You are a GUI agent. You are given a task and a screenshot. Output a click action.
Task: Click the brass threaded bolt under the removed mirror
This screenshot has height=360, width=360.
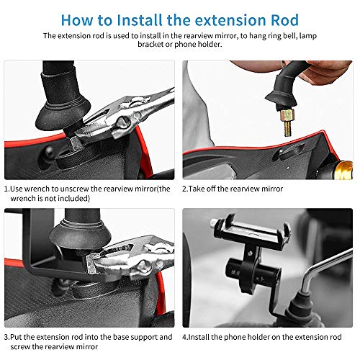288,123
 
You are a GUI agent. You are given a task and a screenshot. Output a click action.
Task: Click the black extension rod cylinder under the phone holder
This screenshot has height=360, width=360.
252,273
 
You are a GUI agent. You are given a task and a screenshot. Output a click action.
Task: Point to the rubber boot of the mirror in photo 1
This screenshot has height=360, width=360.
63,101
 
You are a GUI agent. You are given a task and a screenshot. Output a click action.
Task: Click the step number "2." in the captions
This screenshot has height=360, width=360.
185,189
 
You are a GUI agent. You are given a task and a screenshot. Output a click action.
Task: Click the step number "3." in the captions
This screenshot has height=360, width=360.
7,337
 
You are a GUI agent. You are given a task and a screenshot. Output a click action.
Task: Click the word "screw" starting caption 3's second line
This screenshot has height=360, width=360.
20,347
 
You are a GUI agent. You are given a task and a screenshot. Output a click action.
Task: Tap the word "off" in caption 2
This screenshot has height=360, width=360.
211,189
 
